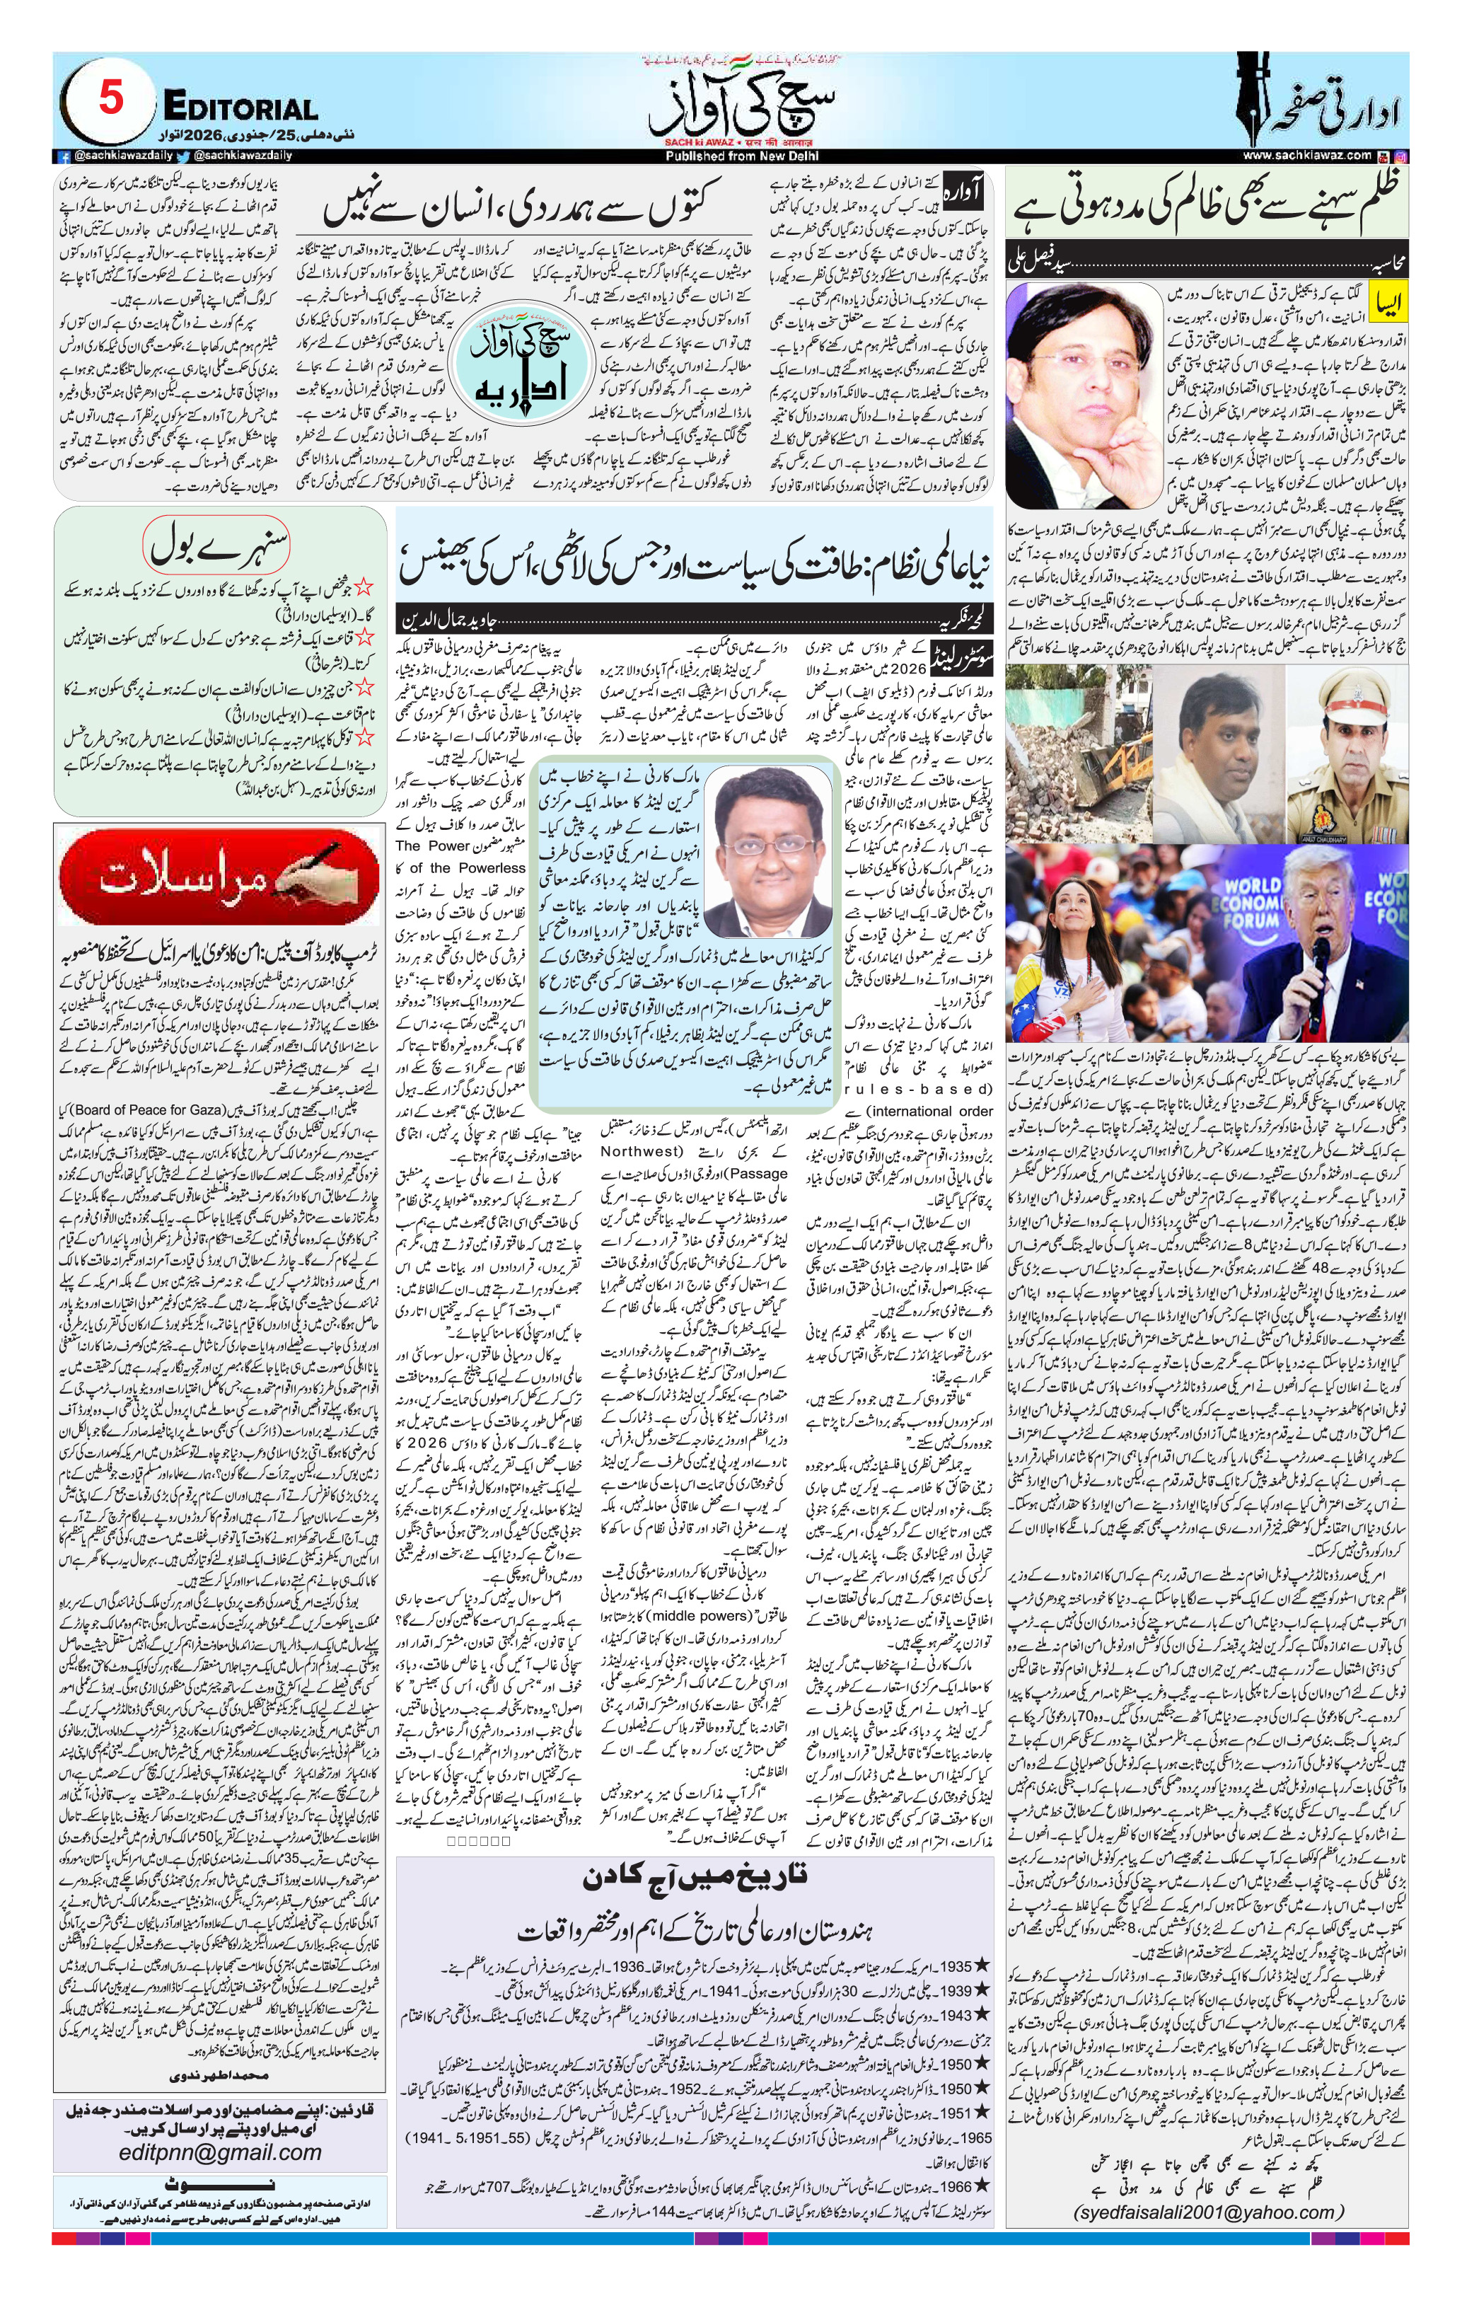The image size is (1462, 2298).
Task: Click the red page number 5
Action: coord(111,98)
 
